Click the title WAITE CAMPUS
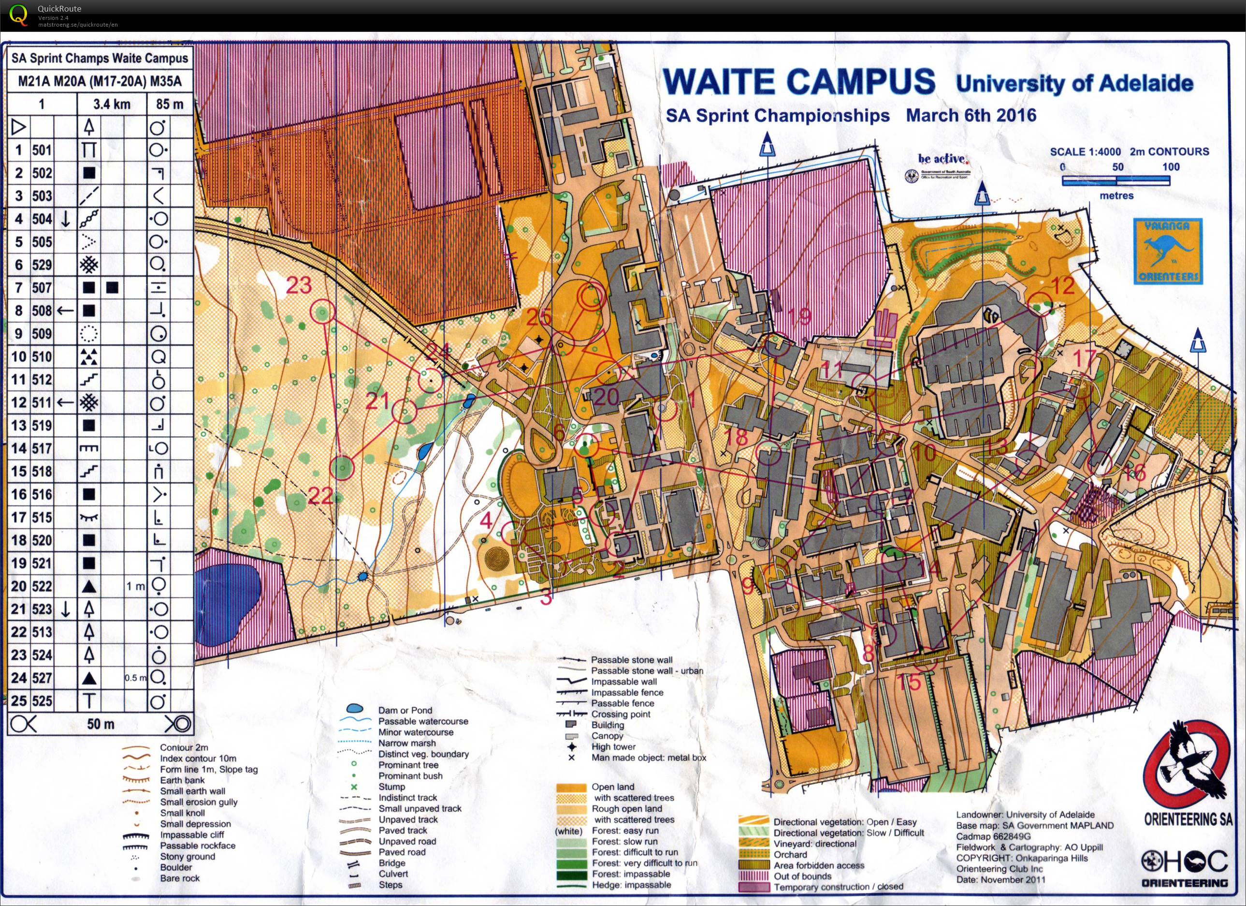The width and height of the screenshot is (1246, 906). (x=799, y=82)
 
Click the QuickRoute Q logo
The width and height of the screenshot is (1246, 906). (x=18, y=15)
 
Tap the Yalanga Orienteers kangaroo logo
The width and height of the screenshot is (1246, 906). (x=1167, y=251)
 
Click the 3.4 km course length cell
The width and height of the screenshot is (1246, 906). (x=112, y=104)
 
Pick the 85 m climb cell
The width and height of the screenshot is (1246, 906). (x=170, y=104)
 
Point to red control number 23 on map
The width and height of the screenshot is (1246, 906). (x=299, y=285)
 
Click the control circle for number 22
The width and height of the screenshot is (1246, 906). (x=342, y=468)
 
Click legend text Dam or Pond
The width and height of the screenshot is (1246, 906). (x=405, y=710)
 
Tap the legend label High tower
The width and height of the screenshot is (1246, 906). (x=613, y=746)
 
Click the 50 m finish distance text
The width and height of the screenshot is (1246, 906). (x=101, y=724)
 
